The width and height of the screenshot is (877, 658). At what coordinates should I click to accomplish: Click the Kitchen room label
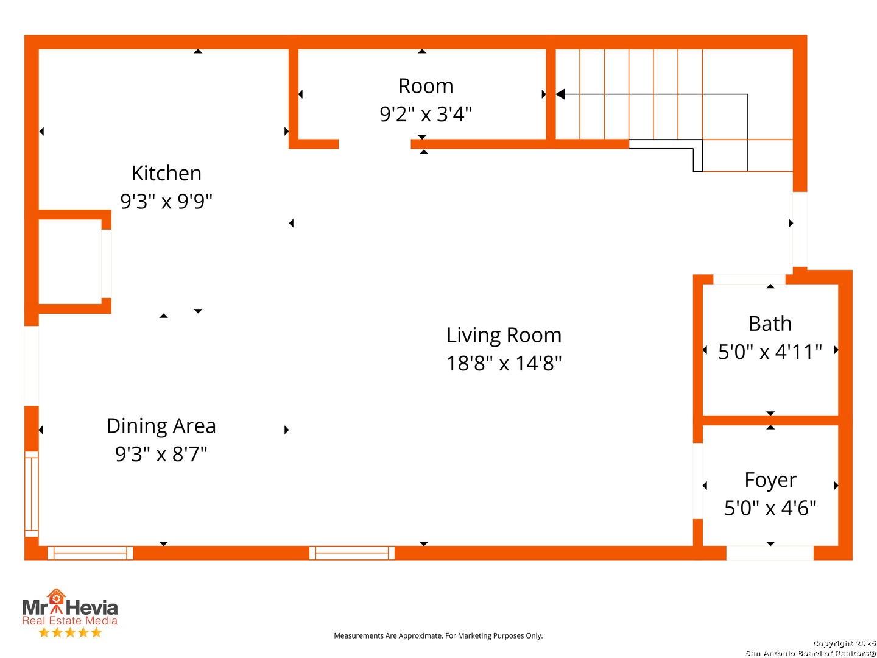tap(166, 174)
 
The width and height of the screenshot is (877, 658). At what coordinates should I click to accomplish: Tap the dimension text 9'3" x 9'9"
tap(166, 201)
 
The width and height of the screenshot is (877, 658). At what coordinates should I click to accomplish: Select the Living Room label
tap(504, 335)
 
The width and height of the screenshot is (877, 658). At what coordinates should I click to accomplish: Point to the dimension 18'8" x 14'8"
tap(504, 363)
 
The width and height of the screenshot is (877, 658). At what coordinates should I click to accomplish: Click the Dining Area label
tap(161, 426)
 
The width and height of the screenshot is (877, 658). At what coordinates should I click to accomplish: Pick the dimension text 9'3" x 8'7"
tap(161, 454)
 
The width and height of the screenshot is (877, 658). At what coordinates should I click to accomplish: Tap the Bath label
tap(770, 324)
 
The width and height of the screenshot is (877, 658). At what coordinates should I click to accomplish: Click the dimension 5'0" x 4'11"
tap(770, 352)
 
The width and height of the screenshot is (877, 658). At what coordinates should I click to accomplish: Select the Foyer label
tap(770, 481)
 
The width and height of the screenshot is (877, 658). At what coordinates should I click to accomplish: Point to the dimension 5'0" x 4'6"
tap(770, 508)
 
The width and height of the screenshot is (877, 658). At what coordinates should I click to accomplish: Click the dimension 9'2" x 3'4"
tap(426, 114)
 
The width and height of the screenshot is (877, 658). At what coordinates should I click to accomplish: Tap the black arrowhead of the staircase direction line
tap(560, 94)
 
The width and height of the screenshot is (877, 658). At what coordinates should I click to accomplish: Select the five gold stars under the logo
tap(70, 632)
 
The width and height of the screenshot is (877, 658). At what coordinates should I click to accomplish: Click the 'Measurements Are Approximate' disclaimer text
tap(438, 635)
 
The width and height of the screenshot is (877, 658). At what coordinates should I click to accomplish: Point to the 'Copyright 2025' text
tap(844, 643)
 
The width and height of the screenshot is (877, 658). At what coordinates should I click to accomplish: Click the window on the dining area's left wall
tap(32, 494)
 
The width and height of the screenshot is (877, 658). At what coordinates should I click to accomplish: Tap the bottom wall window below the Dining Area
tap(90, 553)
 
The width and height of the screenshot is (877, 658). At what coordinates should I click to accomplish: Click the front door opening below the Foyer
tap(769, 553)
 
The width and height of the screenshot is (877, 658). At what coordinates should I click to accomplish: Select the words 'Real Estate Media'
tap(69, 620)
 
